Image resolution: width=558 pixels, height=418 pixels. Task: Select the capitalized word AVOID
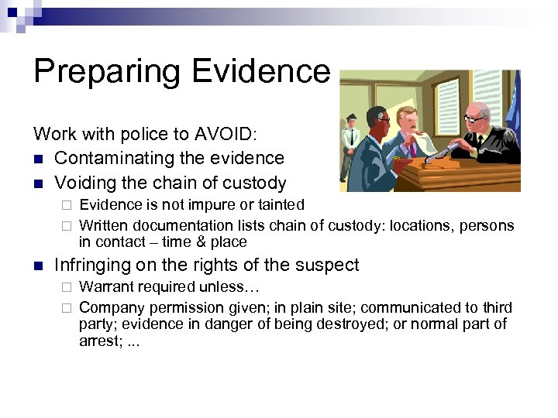click(234, 133)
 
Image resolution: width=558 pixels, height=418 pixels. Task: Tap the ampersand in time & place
click(200, 242)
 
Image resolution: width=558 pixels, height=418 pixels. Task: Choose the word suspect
click(329, 265)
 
